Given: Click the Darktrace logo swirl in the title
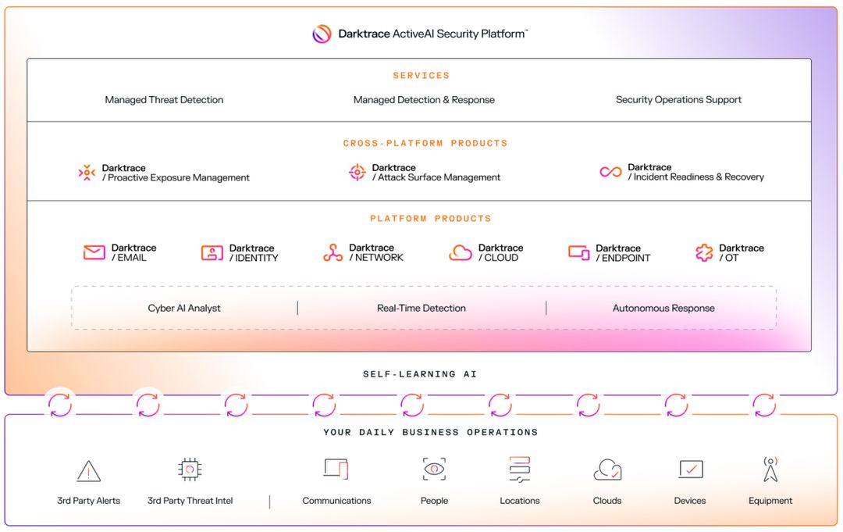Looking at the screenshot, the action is pyautogui.click(x=322, y=34).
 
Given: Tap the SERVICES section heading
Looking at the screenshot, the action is pyautogui.click(x=421, y=76).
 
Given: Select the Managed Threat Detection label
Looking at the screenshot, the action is pyautogui.click(x=164, y=100).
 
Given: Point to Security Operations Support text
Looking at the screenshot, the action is pyautogui.click(x=678, y=100).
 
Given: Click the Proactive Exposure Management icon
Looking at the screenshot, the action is pyautogui.click(x=87, y=173).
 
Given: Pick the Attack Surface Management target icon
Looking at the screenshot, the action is pyautogui.click(x=357, y=173).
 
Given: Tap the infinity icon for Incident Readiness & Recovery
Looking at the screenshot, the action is pyautogui.click(x=610, y=172).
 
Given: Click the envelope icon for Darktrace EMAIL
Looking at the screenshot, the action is pyautogui.click(x=94, y=252).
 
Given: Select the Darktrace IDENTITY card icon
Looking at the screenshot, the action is pyautogui.click(x=212, y=252).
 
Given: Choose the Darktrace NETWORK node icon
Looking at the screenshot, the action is pyautogui.click(x=333, y=252).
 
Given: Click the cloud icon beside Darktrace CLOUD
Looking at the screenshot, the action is pyautogui.click(x=461, y=252).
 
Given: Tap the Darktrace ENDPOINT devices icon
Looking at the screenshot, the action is pyautogui.click(x=579, y=252).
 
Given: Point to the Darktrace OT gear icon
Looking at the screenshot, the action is pyautogui.click(x=704, y=252).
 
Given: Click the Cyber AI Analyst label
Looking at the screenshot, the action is pyautogui.click(x=184, y=309).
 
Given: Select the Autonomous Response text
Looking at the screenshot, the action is pyautogui.click(x=663, y=309).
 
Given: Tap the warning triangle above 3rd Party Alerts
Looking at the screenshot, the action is pyautogui.click(x=89, y=471).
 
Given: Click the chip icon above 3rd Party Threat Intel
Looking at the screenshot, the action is pyautogui.click(x=190, y=469).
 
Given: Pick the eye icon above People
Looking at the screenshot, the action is pyautogui.click(x=434, y=469).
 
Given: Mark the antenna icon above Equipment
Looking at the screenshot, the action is pyautogui.click(x=770, y=470).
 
